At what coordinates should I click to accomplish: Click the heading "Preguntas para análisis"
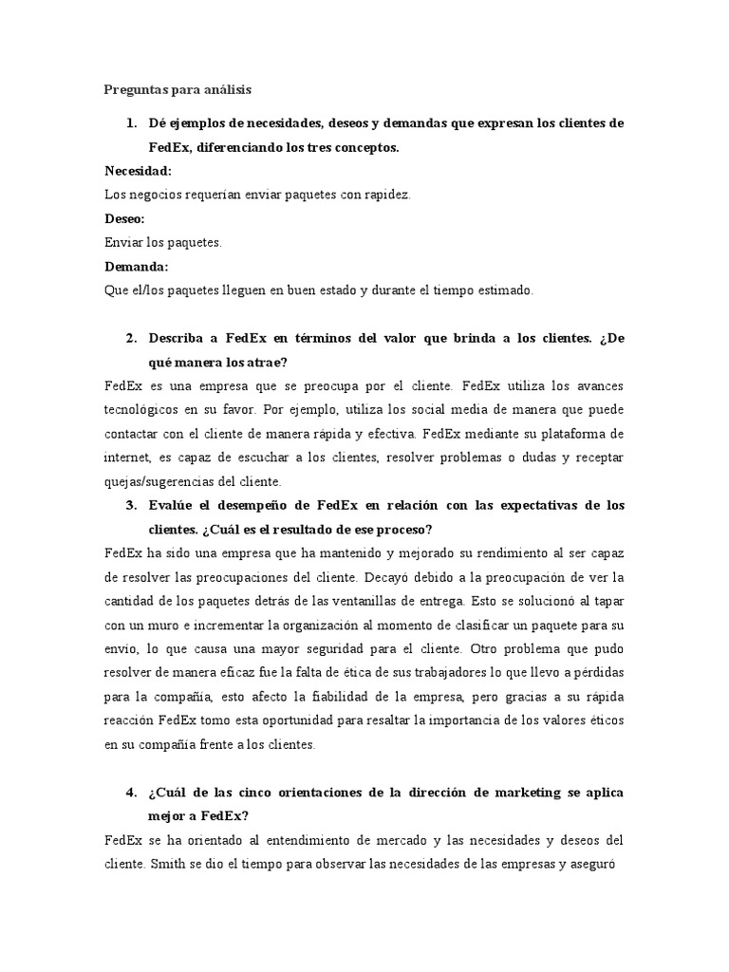click(178, 90)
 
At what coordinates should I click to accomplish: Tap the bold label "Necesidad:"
click(138, 172)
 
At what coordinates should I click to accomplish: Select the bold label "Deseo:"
click(124, 219)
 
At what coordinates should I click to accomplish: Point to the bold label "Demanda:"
click(136, 267)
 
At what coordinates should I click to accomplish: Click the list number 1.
click(131, 123)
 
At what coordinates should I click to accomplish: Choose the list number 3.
click(131, 504)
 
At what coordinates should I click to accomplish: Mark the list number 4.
click(131, 791)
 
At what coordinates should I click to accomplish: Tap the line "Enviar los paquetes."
click(162, 243)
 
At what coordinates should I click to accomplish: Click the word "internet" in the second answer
click(128, 458)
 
